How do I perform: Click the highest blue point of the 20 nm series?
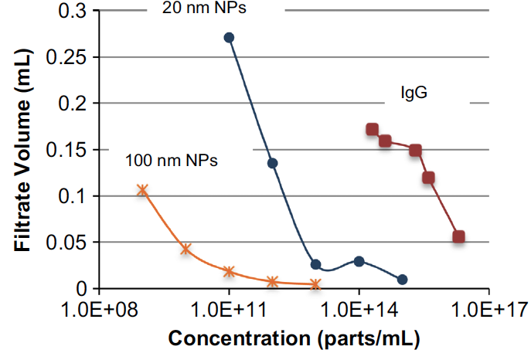pyautogui.click(x=229, y=37)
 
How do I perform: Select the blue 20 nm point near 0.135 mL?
pyautogui.click(x=272, y=163)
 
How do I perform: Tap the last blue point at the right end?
pyautogui.click(x=402, y=279)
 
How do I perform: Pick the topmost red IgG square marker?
pyautogui.click(x=372, y=130)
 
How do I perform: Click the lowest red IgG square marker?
pyautogui.click(x=458, y=236)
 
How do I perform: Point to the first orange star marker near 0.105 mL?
pyautogui.click(x=142, y=190)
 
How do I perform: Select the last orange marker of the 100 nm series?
pyautogui.click(x=315, y=284)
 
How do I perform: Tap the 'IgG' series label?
pyautogui.click(x=414, y=93)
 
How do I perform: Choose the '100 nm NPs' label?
pyautogui.click(x=172, y=161)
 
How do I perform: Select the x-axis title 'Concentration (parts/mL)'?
pyautogui.click(x=294, y=339)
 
